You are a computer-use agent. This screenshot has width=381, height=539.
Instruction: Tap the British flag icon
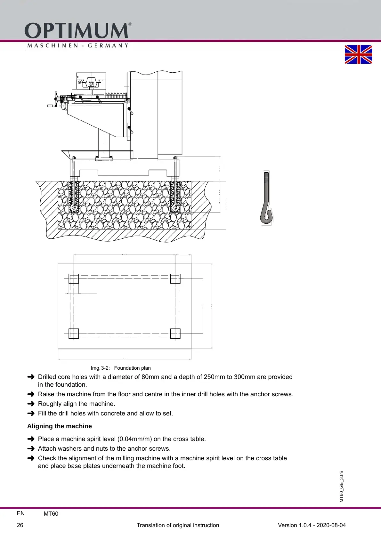pos(358,54)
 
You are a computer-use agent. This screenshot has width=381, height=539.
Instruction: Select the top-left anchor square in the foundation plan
pos(74,278)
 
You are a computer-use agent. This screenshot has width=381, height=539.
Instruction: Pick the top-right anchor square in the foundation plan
pos(175,278)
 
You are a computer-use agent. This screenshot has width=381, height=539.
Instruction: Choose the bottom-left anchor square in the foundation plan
pos(74,333)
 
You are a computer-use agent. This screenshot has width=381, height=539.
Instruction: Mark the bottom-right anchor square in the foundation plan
pos(175,333)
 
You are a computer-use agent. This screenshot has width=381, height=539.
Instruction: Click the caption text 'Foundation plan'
pos(132,368)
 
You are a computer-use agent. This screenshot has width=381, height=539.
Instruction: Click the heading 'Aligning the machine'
pos(60,426)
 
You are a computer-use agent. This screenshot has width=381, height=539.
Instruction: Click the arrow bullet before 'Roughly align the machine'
pos(31,404)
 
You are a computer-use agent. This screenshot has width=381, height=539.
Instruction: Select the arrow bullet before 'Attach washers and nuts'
pos(31,448)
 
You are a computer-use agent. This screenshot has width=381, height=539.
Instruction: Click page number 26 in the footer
pos(20,525)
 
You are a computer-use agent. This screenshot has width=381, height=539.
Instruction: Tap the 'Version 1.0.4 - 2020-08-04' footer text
pos(312,525)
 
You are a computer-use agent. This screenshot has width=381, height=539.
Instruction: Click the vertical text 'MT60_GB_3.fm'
pos(341,487)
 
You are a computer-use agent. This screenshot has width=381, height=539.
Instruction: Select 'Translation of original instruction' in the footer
pos(178,525)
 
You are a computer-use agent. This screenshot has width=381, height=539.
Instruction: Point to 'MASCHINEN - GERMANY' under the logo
pos(78,45)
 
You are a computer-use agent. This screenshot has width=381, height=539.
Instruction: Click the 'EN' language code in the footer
pos(20,513)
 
